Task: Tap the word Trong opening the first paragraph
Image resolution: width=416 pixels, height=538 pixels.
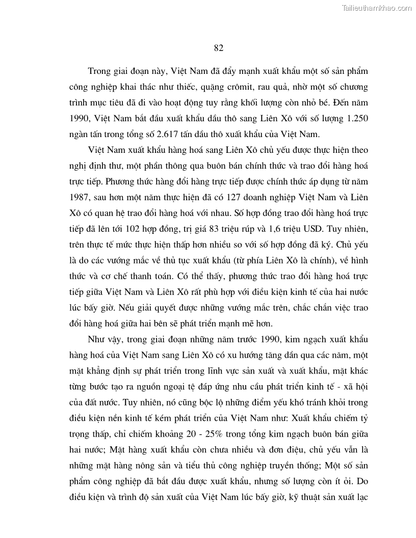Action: [99, 70]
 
